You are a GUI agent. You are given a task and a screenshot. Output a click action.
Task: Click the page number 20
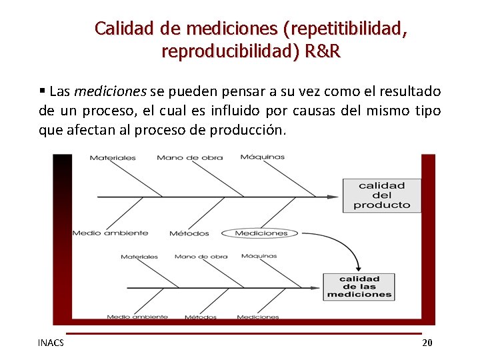tap(427, 343)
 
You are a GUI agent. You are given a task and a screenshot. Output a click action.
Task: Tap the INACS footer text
tap(51, 343)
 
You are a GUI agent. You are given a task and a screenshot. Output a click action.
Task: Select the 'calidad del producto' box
tap(382, 195)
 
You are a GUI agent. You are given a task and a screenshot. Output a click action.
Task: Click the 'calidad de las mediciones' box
tap(359, 287)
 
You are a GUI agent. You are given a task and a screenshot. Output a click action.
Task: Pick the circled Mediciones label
tap(261, 233)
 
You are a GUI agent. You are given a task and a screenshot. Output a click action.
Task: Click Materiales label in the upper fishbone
tap(113, 158)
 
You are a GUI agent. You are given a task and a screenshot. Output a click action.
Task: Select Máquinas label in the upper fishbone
tap(262, 157)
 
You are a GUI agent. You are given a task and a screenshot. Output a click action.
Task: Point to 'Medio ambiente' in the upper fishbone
tap(110, 233)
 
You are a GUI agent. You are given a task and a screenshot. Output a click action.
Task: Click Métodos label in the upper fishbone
tap(189, 233)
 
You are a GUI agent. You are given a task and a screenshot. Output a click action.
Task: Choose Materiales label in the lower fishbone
tap(139, 257)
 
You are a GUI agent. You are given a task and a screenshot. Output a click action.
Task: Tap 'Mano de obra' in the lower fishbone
tap(201, 257)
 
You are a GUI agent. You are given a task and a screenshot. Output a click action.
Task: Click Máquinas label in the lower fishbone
tap(259, 256)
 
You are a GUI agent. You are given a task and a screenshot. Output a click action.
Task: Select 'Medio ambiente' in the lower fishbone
tap(137, 317)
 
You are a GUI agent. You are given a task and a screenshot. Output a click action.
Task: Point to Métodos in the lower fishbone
tap(201, 317)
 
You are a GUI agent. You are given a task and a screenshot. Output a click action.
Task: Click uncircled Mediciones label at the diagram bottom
tap(258, 317)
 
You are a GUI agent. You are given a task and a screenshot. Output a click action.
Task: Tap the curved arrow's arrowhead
tap(359, 267)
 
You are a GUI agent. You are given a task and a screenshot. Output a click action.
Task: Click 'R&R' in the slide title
tap(323, 51)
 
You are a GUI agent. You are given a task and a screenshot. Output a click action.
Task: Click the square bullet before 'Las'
tap(42, 91)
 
